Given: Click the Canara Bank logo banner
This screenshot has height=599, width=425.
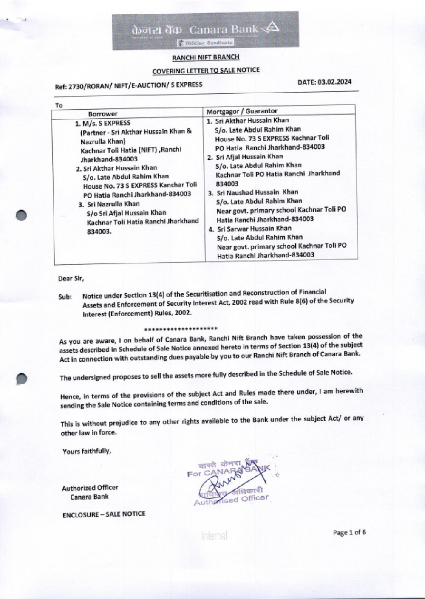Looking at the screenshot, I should click(x=205, y=31).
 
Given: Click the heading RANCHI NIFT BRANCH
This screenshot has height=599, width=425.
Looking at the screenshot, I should click(x=206, y=57).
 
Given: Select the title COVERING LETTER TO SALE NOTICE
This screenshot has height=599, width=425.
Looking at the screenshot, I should click(x=206, y=70).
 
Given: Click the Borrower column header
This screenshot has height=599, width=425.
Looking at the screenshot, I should click(x=103, y=114).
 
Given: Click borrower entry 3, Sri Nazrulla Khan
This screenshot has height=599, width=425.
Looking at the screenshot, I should click(x=113, y=204).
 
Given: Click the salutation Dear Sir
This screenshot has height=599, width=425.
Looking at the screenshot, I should click(x=71, y=279).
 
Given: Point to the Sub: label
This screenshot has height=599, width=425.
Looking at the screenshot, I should click(x=65, y=296).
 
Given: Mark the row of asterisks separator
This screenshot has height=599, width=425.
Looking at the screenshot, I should click(x=181, y=329).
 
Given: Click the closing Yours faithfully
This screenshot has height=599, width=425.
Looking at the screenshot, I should click(x=87, y=451).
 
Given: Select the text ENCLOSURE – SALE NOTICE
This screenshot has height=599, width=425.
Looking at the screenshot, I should click(x=104, y=514).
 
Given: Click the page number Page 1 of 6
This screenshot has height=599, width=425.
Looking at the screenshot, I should click(x=349, y=532).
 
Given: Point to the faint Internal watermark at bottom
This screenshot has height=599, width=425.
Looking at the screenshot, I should click(x=214, y=536).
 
